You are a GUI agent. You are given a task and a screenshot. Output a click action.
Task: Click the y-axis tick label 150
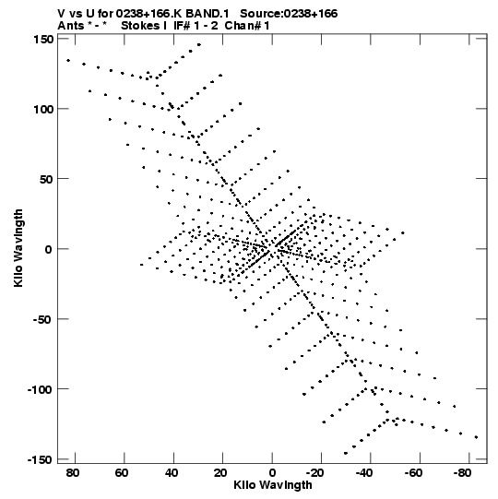[43, 40]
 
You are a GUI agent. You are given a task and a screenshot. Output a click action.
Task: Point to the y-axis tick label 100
[43, 109]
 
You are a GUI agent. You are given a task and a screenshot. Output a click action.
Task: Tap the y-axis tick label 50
[46, 180]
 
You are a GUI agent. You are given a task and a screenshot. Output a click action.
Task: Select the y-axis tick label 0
[48, 249]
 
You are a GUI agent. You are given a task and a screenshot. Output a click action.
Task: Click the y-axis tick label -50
[42, 320]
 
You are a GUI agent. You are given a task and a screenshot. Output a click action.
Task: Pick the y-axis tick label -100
[40, 390]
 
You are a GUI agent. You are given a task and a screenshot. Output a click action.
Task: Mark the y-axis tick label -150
[40, 460]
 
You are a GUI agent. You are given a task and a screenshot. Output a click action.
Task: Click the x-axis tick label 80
[73, 473]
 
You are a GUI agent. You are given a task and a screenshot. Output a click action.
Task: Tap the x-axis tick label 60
[122, 473]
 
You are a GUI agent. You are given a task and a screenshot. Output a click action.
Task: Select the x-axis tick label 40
[172, 473]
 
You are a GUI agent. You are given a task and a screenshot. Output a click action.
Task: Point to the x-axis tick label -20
[315, 473]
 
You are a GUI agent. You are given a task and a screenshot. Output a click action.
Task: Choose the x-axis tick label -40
[365, 473]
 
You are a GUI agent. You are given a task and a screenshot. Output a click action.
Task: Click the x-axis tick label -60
[414, 473]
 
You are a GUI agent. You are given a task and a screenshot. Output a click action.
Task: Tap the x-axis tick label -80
[463, 473]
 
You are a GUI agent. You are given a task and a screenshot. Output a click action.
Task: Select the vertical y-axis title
[18, 248]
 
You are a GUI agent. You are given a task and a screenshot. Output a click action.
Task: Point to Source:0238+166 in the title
[289, 14]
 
